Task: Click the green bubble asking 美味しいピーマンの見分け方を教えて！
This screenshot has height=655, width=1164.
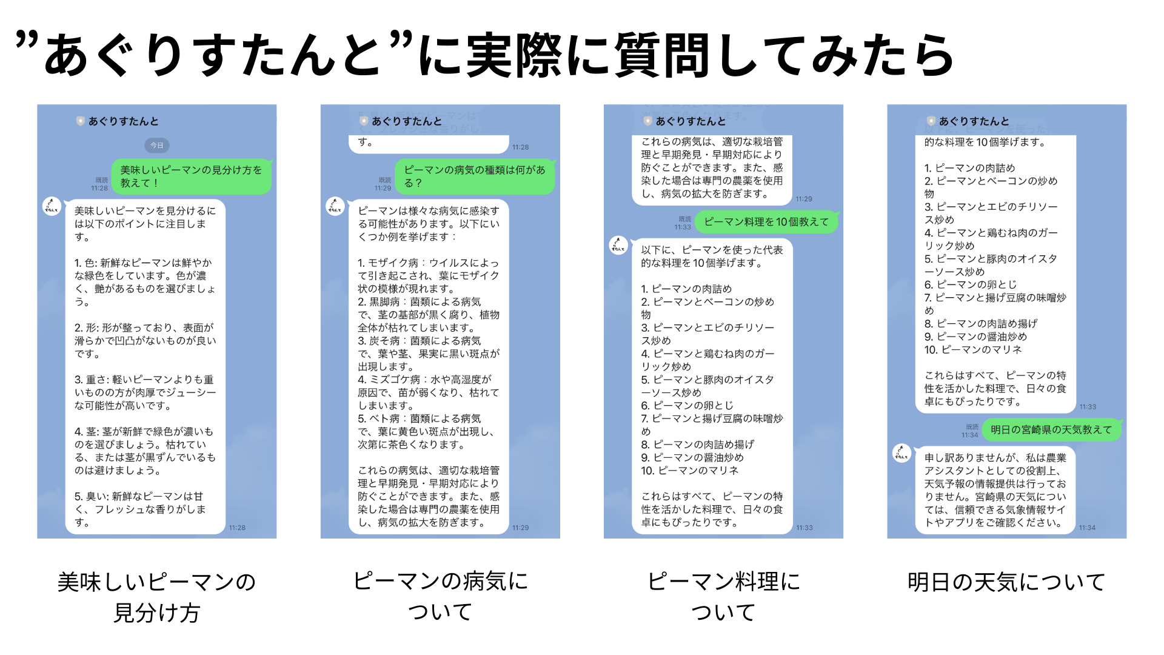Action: pos(191,176)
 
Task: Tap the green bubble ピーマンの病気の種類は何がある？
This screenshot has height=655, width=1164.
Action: pos(475,176)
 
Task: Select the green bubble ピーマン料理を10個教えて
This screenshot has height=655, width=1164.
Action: pos(766,222)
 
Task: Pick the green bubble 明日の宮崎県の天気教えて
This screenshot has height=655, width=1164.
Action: pos(1051,429)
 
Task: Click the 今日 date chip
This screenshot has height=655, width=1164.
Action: pos(157,146)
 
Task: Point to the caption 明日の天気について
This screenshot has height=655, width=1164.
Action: pos(1006,582)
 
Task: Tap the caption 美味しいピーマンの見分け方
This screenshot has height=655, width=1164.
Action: pos(157,597)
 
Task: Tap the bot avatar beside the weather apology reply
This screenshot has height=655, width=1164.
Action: pos(901,453)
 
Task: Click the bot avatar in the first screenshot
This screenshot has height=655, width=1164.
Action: pos(52,206)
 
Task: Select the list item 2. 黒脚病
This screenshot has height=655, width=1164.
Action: pos(428,314)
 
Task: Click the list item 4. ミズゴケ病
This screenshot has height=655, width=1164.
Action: pos(428,392)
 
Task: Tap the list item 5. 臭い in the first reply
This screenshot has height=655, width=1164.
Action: pos(139,509)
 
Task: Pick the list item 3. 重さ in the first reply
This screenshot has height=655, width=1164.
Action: pos(144,392)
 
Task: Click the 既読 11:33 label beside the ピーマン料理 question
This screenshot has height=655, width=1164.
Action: pos(683,223)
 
